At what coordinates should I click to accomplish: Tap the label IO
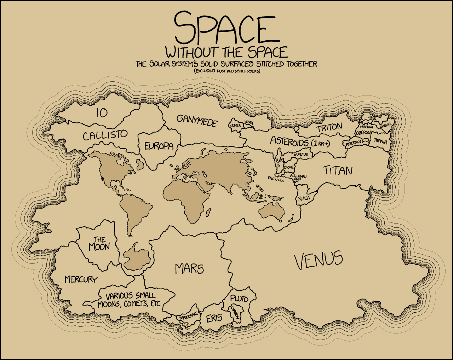pos(102,113)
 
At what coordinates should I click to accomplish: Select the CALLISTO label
pos(105,135)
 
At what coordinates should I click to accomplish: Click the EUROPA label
pos(159,146)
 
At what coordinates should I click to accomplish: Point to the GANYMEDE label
pos(197,121)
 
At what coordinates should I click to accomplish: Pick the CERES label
pos(235,126)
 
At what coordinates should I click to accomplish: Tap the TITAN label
pos(338,171)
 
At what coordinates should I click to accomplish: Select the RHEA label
pos(304,198)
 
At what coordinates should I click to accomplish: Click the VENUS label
pos(319,260)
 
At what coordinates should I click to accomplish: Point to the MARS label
pos(189,269)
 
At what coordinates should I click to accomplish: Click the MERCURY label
pos(81,279)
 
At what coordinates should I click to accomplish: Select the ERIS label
pos(214,318)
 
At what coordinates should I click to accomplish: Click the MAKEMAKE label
pos(188,317)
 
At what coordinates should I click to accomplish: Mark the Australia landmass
pos(272,210)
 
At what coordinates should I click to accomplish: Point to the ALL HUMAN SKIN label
pos(298,177)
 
